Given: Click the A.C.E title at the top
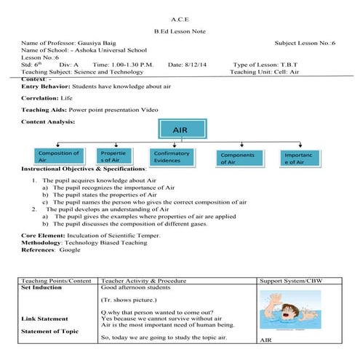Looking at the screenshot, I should coord(179,17).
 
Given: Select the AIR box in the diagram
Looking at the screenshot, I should coord(179,130).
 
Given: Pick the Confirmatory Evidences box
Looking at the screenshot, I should coord(172,157).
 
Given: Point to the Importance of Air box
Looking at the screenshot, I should coord(298,158).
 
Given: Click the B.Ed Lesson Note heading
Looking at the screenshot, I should coord(179,32).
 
